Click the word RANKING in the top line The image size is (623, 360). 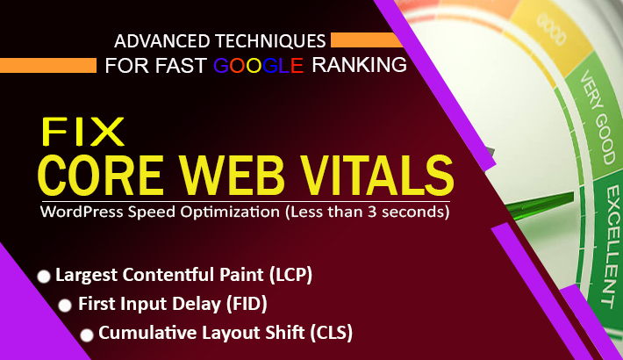(x=359, y=64)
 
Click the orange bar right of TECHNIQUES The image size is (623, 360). (x=364, y=40)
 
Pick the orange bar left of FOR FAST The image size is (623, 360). (x=48, y=65)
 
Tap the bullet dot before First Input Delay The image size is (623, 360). (x=65, y=306)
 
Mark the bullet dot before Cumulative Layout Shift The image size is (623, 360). (x=87, y=335)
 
